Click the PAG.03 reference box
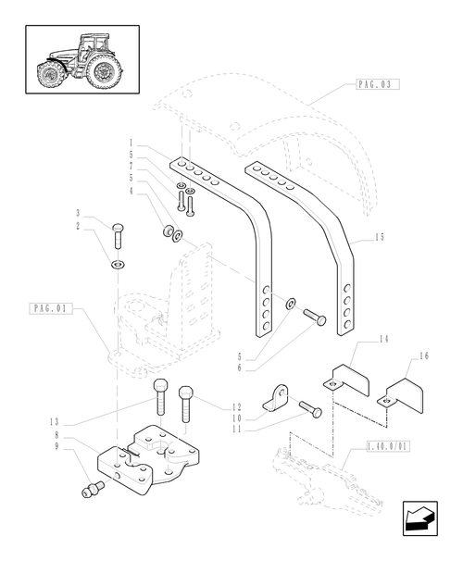[378, 84]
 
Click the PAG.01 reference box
[50, 308]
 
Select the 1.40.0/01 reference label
[388, 446]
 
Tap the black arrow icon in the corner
[420, 518]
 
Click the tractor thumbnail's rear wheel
[104, 71]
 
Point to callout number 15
[380, 237]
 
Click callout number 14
[383, 339]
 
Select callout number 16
[423, 356]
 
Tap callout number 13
[54, 422]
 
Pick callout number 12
[236, 407]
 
